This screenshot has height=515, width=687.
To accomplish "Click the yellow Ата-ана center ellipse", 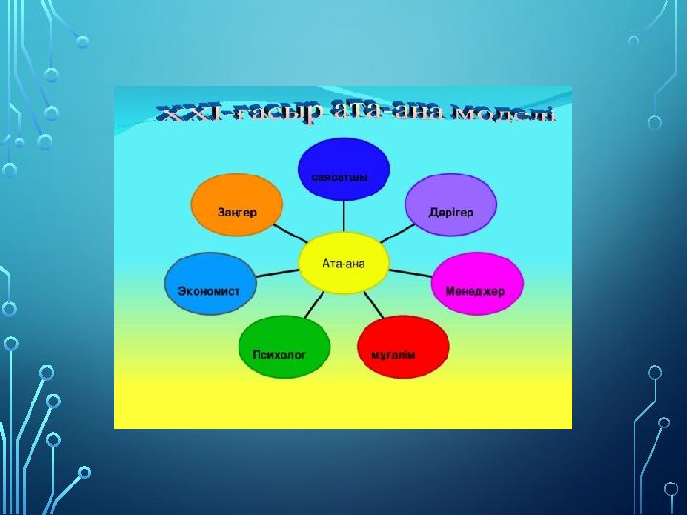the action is point(343,263).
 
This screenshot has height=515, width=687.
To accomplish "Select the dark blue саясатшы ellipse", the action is point(343,170).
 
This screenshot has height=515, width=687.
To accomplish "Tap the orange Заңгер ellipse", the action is point(237,204).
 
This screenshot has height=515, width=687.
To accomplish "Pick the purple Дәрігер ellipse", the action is point(450,204).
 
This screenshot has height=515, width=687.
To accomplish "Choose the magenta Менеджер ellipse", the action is point(477,283).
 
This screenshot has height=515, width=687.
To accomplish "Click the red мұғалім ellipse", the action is point(403,346).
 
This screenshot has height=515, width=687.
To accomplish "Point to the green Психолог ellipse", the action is point(284,346).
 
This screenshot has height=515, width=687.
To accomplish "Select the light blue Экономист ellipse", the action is point(210,283).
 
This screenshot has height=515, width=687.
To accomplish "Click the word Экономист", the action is point(209,291).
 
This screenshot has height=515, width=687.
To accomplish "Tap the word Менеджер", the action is point(475,291).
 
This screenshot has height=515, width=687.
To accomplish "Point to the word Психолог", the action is point(279,354).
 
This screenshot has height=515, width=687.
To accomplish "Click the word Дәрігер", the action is point(450,213).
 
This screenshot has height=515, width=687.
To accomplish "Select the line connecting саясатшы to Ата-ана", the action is point(343,216).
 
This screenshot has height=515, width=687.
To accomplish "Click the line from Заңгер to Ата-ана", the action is point(290,234).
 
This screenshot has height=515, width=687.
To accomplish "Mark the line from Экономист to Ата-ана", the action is point(277,274).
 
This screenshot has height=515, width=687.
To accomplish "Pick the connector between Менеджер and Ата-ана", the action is point(410,274).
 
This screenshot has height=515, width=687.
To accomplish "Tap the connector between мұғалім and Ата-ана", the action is point(374,304).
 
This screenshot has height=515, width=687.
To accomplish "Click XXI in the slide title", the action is point(189,113).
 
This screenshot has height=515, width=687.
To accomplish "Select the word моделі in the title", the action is point(504,113).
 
